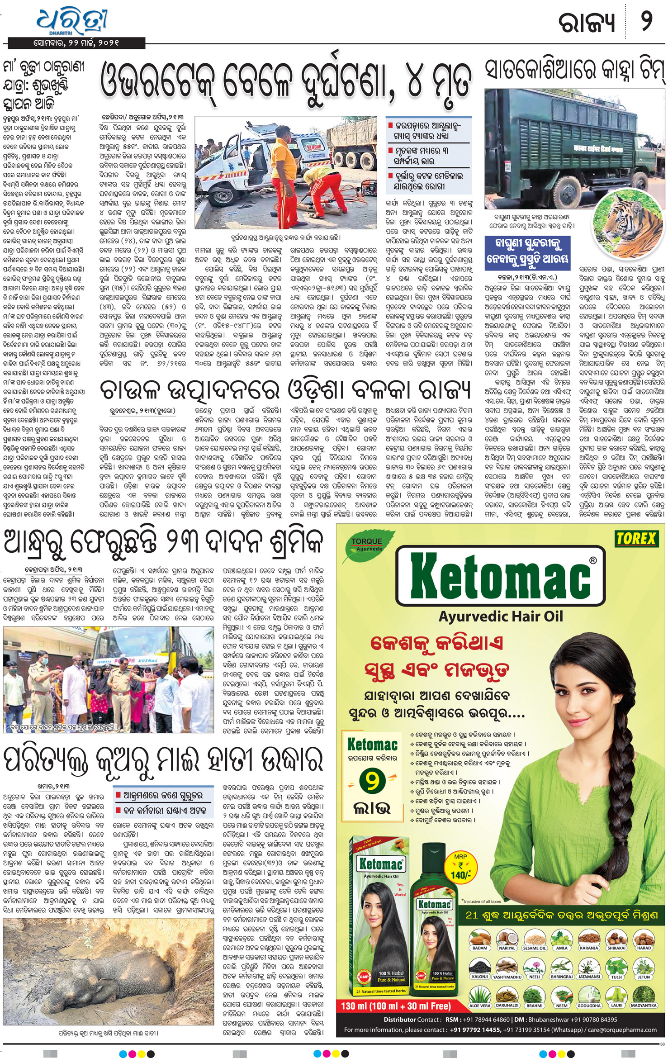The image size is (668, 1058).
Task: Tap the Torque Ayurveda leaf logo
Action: coord(367,544)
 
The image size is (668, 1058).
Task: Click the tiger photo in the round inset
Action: coord(624,214)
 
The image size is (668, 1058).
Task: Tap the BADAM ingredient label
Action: coord(480,948)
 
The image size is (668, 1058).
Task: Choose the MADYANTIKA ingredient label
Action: coord(643,1006)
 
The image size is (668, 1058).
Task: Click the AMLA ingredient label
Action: coord(562,948)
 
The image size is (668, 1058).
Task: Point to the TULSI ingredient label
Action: coord(616,977)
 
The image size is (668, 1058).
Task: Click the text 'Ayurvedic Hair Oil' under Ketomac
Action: coord(501,616)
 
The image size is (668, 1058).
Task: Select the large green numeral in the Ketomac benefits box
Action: coord(372,780)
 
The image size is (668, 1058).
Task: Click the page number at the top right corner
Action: coord(646,22)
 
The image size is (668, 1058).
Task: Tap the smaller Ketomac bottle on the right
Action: coord(435,932)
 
